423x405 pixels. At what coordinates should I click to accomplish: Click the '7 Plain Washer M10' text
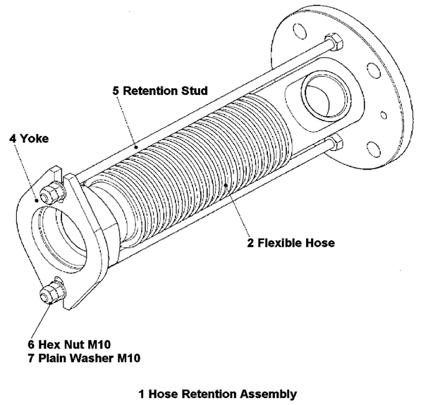pos(84,359)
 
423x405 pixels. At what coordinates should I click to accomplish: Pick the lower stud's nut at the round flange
pos(335,145)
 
